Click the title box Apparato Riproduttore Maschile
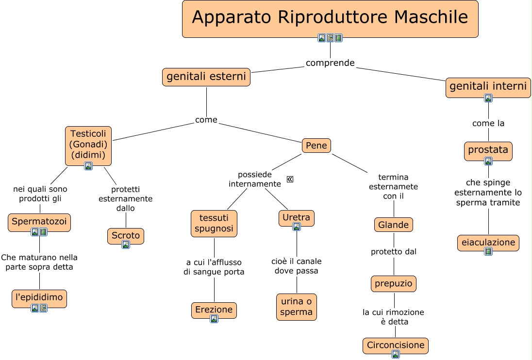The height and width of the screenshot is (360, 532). point(330,18)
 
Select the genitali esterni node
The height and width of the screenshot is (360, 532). point(206,77)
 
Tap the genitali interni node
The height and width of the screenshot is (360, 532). point(488,87)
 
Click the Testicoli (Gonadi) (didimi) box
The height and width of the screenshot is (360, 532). point(88,145)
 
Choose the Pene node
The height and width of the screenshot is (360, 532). point(316,146)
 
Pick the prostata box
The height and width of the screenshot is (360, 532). point(488,150)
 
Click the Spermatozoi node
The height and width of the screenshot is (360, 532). point(40,222)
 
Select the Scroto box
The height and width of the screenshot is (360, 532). point(126,236)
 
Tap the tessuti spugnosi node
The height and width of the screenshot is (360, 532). point(214,223)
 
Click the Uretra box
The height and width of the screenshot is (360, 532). point(297,218)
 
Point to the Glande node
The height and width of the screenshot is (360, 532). point(394,225)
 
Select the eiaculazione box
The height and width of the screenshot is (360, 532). point(488,242)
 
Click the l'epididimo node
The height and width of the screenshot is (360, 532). point(39,297)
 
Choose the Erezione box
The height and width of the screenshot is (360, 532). point(214,310)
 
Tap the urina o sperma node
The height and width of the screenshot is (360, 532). point(297,307)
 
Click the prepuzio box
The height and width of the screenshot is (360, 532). point(394,283)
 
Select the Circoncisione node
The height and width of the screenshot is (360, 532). point(396,345)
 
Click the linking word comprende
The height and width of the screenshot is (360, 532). point(330,63)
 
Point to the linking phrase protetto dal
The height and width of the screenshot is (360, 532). point(394,252)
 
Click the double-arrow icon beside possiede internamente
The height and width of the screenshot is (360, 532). point(290,180)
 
